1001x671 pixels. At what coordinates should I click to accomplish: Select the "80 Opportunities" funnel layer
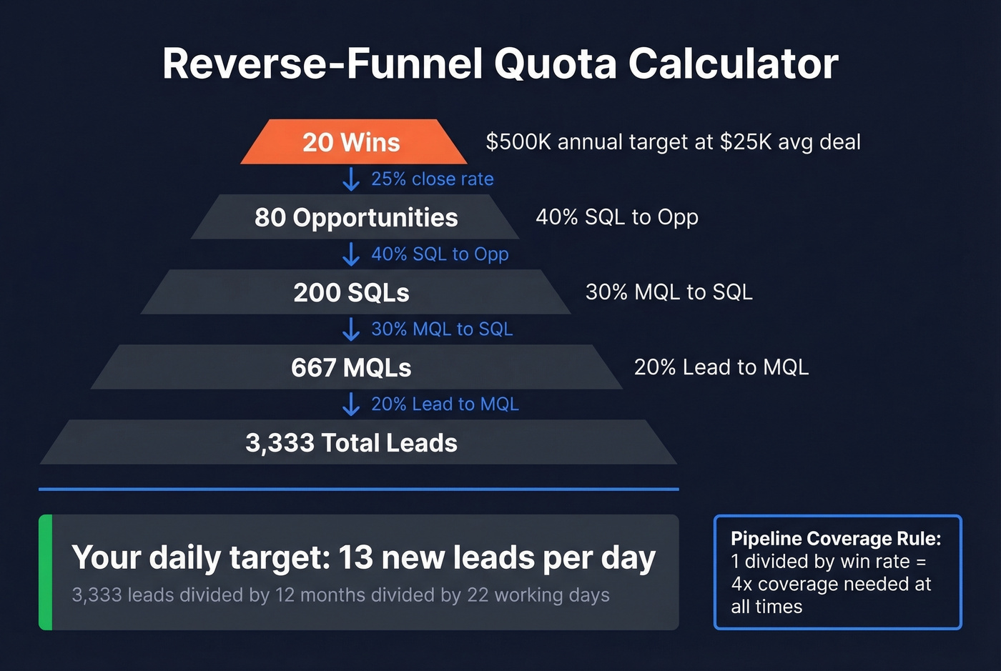click(x=355, y=217)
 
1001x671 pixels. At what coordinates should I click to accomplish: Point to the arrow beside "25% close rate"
click(x=351, y=179)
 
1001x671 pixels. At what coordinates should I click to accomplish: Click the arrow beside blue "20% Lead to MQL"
click(x=351, y=404)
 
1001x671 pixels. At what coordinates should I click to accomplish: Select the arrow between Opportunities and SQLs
click(x=351, y=254)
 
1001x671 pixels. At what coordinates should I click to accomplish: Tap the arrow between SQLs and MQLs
click(x=351, y=329)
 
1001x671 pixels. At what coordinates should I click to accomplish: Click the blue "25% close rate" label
click(x=433, y=179)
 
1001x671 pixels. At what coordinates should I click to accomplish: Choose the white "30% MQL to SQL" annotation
click(x=669, y=292)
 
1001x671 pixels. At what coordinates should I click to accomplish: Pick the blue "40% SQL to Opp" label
click(x=440, y=254)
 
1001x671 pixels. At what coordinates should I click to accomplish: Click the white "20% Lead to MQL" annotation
click(x=721, y=367)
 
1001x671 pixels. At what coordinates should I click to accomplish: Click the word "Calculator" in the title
click(x=733, y=64)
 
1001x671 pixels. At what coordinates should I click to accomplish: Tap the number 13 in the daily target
click(x=355, y=558)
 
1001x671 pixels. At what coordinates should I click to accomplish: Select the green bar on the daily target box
click(x=45, y=572)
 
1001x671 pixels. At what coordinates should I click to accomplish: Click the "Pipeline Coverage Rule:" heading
click(x=835, y=539)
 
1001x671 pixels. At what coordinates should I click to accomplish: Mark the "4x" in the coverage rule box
click(x=741, y=585)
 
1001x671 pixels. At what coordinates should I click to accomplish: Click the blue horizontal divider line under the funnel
click(x=358, y=489)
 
